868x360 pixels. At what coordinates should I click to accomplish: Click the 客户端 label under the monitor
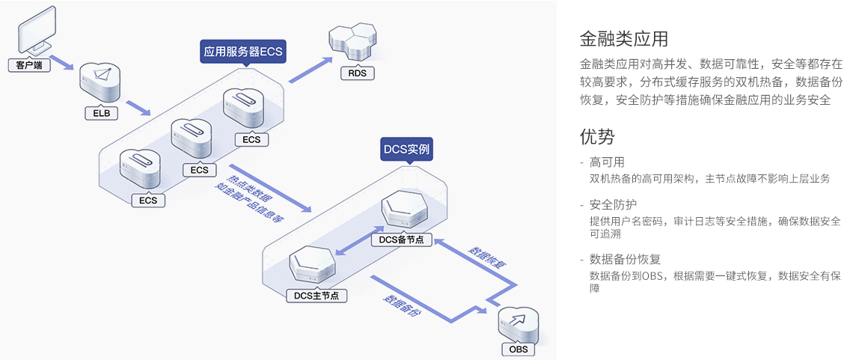(x=29, y=66)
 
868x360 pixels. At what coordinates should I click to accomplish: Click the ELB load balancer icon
(x=100, y=82)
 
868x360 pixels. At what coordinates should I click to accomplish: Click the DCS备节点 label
(x=401, y=240)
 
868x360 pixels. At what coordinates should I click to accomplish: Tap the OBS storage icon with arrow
(x=519, y=323)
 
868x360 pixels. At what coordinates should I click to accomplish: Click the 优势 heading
(x=597, y=136)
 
